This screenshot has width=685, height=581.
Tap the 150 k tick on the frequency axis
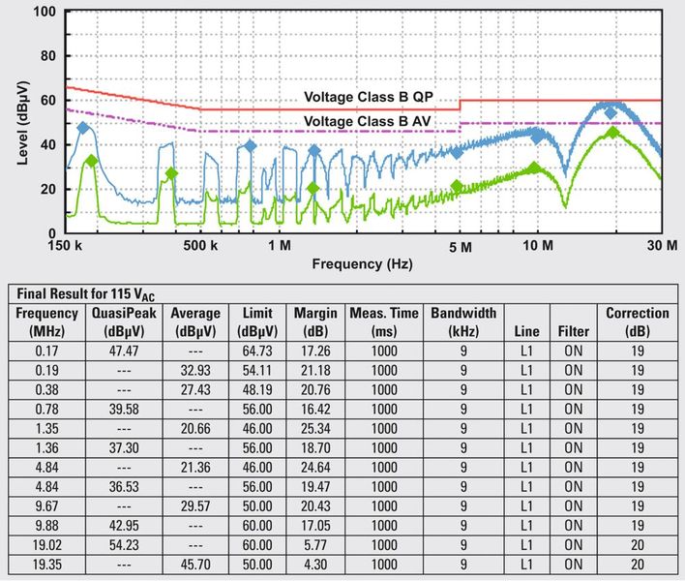tap(67, 247)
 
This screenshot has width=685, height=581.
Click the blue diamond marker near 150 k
tap(83, 128)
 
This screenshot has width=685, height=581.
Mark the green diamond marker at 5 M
tap(457, 186)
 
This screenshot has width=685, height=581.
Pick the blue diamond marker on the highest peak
tap(611, 113)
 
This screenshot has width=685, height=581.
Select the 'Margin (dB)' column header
tap(313, 321)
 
